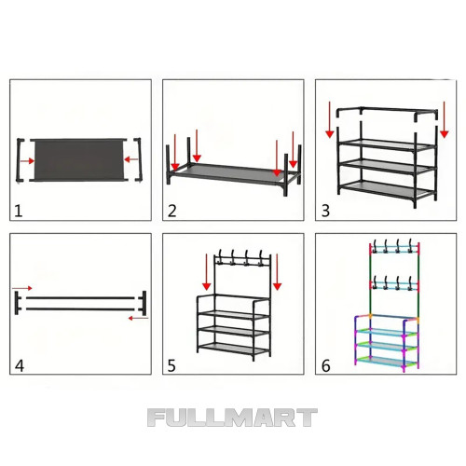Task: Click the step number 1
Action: [19, 211]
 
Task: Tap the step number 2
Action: [172, 211]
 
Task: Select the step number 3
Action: [325, 211]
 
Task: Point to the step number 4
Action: [20, 365]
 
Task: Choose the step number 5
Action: [171, 365]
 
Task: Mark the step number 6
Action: [325, 365]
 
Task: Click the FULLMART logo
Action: [232, 418]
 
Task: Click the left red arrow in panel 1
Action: [27, 160]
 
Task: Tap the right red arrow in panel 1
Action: [130, 159]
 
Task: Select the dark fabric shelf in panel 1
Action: [79, 159]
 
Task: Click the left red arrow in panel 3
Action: [330, 119]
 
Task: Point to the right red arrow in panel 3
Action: [445, 119]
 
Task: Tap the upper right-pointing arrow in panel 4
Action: [22, 288]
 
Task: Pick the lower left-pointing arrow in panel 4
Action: [138, 318]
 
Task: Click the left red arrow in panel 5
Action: [207, 272]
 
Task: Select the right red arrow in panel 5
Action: [277, 272]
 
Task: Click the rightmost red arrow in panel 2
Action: [293, 150]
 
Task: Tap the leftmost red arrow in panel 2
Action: [175, 152]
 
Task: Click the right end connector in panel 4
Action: [143, 303]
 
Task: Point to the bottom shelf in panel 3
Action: [386, 190]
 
